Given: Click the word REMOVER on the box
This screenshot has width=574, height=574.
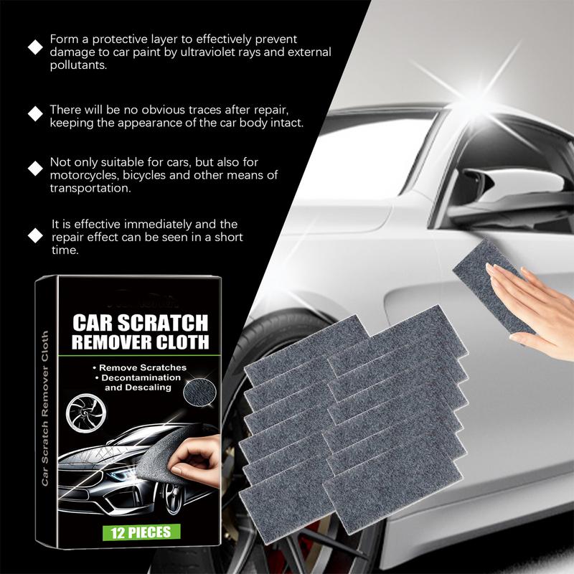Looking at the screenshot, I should pyautogui.click(x=108, y=342).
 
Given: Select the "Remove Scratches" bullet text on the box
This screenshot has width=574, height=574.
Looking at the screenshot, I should pyautogui.click(x=142, y=367).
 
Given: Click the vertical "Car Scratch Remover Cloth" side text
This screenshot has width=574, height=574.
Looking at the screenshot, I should pyautogui.click(x=46, y=409).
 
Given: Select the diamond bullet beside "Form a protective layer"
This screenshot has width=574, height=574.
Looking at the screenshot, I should pyautogui.click(x=34, y=47).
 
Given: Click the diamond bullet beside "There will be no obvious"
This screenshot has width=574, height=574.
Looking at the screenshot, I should pyautogui.click(x=34, y=113).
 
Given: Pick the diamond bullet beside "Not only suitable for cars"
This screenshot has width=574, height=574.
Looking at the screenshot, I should pyautogui.click(x=34, y=169).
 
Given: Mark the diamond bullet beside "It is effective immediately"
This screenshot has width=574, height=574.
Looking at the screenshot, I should pyautogui.click(x=34, y=235).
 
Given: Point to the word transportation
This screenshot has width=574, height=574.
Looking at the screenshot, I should pyautogui.click(x=89, y=189).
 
